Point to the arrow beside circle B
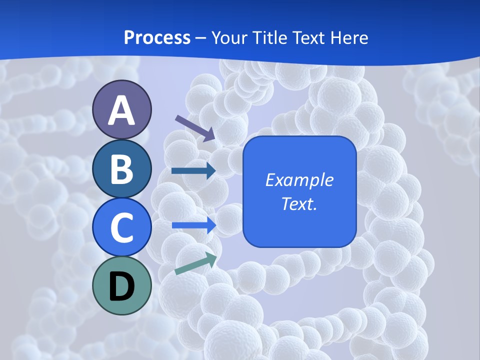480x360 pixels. tap(193, 171)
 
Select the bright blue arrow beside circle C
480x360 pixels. tap(194, 225)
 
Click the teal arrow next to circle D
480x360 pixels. tap(195, 263)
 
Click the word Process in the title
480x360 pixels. tap(157, 38)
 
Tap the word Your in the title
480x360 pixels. tap(230, 38)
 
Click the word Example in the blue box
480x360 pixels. tap(299, 180)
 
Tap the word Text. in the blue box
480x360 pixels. tap(299, 203)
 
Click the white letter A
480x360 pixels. tap(121, 110)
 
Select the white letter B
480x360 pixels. tap(121, 169)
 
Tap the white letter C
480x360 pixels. tap(121, 227)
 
